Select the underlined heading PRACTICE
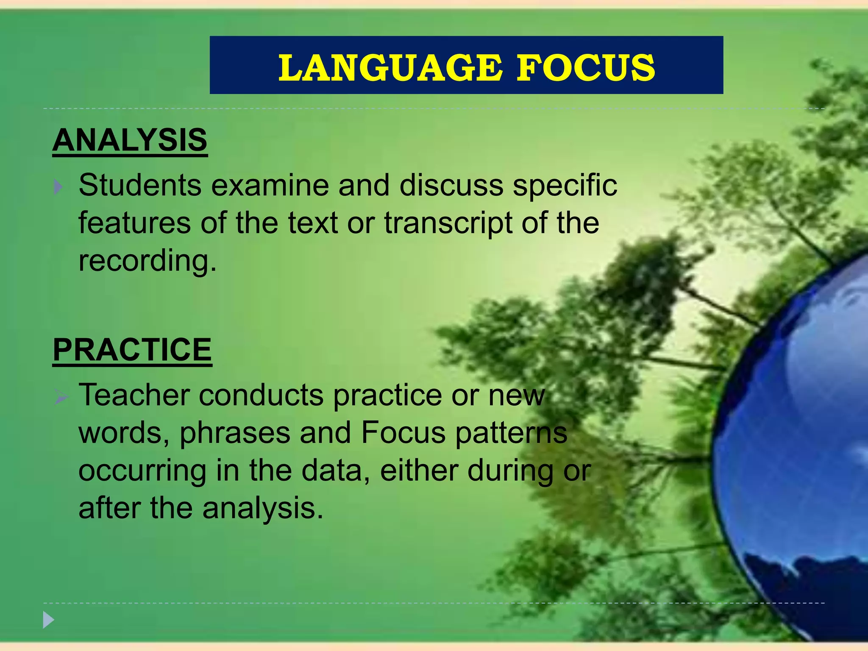[x=132, y=350]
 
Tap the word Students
[x=140, y=185]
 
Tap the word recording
[x=144, y=262]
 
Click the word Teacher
[x=134, y=395]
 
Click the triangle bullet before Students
[x=58, y=187]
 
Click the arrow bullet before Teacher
[x=61, y=398]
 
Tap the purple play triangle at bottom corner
[x=48, y=620]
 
